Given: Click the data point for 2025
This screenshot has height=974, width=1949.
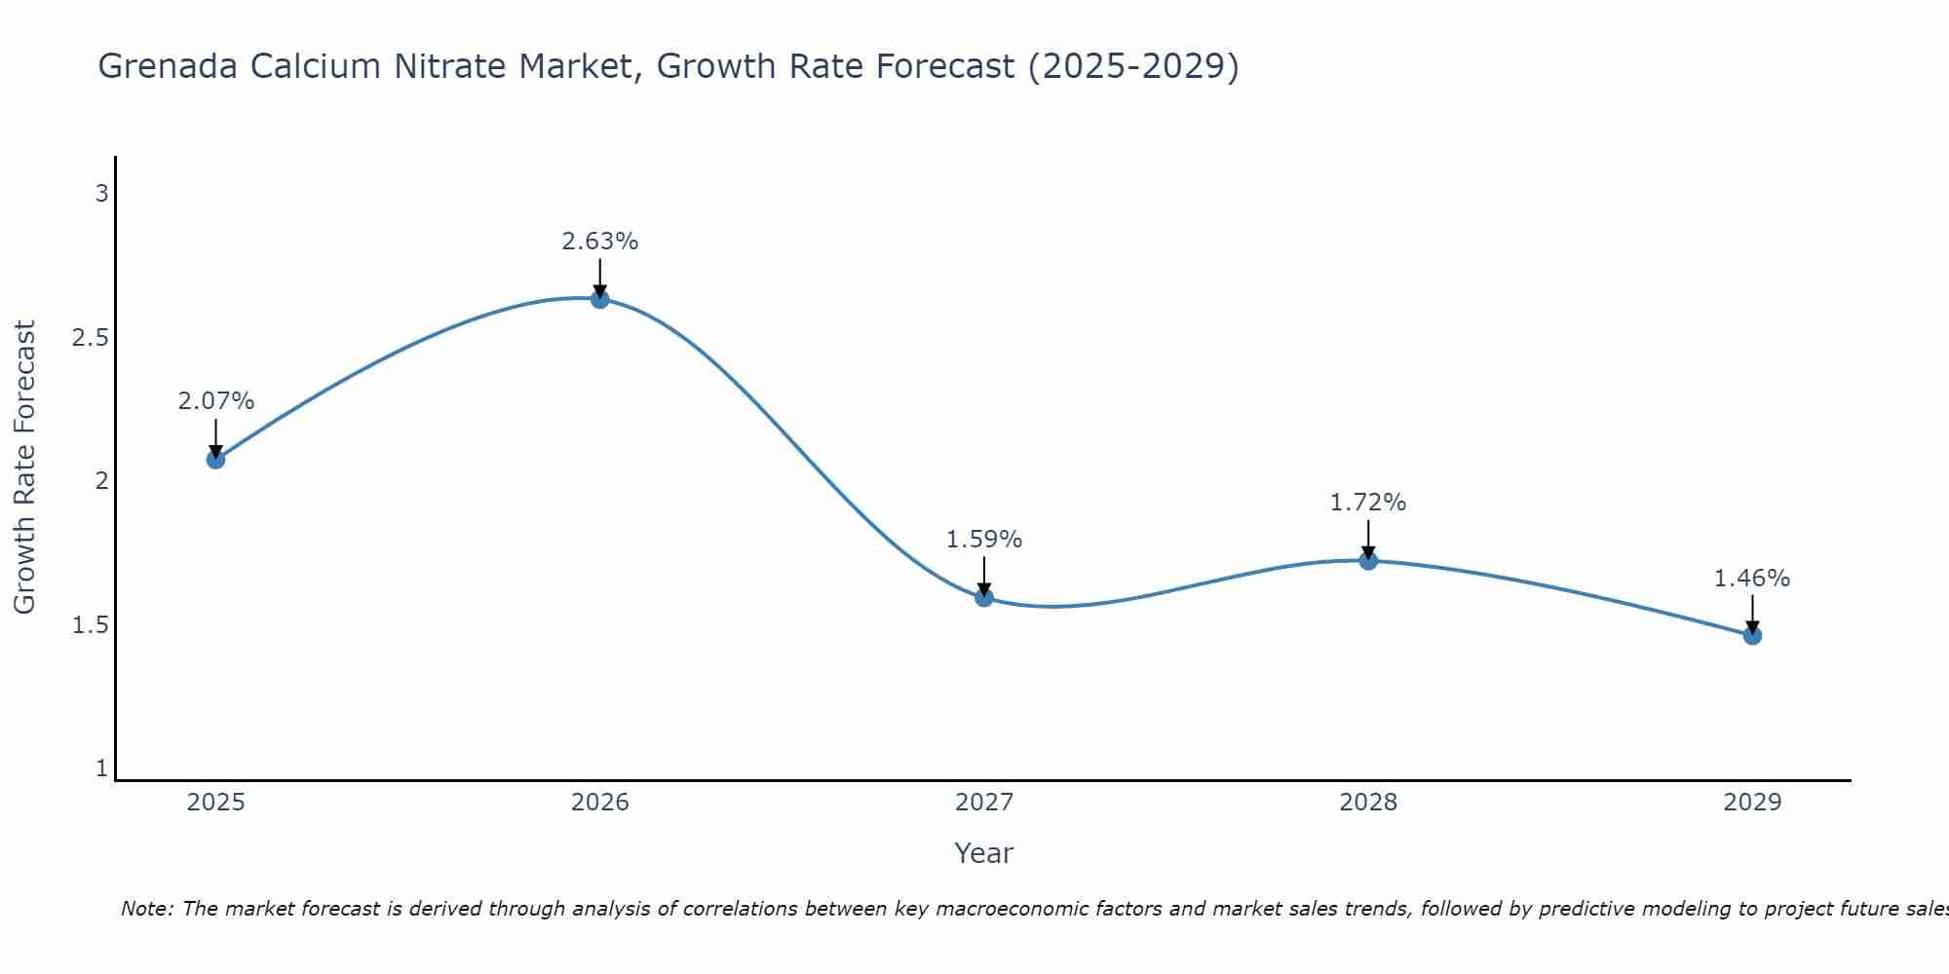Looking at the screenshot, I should click(216, 459).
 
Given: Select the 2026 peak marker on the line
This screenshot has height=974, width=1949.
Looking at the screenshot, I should click(600, 299).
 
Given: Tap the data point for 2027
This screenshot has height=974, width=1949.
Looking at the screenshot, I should click(984, 597).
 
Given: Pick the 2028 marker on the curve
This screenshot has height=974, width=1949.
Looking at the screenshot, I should click(1368, 560).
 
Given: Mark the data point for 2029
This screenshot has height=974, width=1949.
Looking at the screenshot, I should click(1752, 635).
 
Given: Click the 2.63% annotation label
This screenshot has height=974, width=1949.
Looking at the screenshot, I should click(600, 242).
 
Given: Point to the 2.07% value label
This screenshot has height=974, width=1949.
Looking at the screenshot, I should click(216, 401).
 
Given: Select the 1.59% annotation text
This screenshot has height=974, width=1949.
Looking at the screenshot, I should click(984, 540).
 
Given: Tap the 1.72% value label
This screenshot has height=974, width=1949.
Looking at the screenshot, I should click(1368, 503).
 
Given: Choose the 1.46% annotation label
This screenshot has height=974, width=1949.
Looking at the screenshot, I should click(1752, 579).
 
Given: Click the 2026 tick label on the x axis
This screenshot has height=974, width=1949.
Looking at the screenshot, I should click(600, 803).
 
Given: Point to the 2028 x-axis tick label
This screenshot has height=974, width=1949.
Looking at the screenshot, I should click(1368, 803).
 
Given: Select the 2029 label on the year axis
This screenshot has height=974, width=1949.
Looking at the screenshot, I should click(1752, 803).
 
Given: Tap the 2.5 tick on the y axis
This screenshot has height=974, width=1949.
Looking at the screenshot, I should click(90, 338).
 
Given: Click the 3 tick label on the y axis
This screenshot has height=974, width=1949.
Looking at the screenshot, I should click(101, 194).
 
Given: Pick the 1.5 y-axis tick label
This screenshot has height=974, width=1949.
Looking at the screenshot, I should click(90, 625).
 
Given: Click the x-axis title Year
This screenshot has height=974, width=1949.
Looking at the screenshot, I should click(984, 853).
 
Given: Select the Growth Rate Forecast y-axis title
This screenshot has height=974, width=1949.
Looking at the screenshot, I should click(25, 468).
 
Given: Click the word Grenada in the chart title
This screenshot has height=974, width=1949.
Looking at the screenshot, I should click(167, 66).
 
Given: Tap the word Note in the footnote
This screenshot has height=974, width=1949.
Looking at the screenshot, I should click(146, 909).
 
